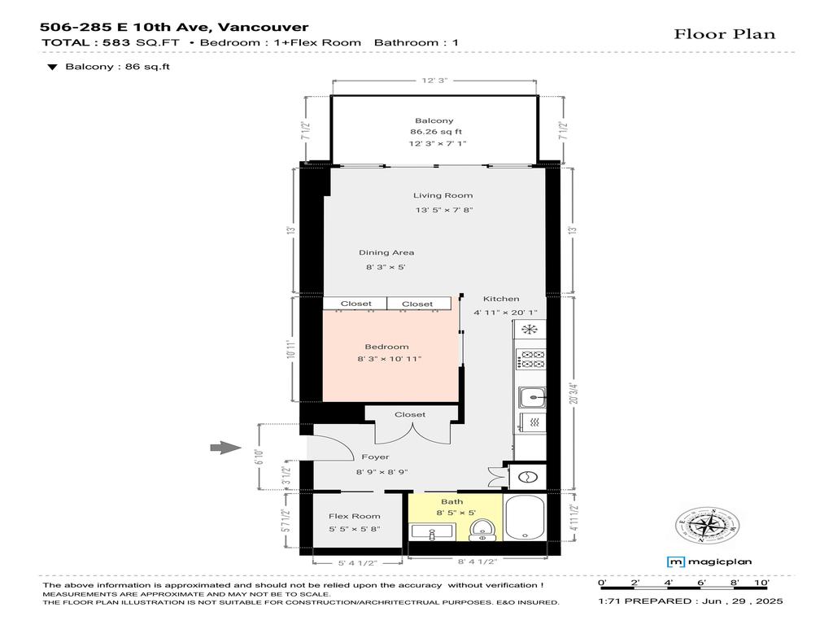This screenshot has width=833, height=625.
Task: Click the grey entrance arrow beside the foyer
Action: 225,447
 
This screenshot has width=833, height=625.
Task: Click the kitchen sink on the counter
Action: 531,397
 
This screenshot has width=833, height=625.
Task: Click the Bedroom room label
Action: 386,347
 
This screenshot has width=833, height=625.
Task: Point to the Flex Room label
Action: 354,517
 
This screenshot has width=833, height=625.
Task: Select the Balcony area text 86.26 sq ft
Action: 436,132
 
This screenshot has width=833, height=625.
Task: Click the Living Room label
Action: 443,195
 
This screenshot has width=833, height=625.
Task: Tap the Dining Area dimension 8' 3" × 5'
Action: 385,267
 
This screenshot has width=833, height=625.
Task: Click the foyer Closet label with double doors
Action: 410,414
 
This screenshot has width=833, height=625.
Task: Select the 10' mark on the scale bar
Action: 761,583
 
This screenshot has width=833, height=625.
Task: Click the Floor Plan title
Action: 724,33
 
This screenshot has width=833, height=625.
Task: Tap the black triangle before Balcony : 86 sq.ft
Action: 52,68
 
